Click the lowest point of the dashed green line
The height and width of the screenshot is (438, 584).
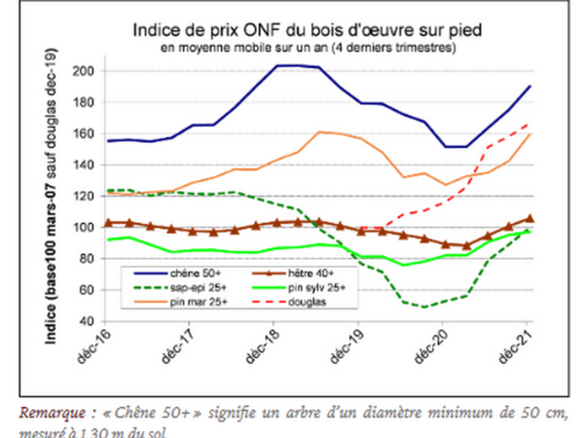pyautogui.click(x=423, y=307)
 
